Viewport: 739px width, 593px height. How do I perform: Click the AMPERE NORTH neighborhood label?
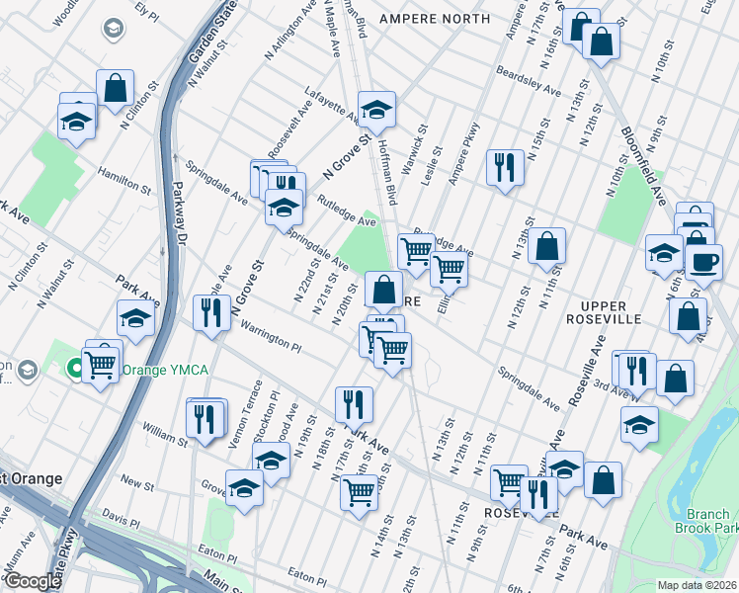tap(436, 19)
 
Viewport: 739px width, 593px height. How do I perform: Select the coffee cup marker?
tap(703, 262)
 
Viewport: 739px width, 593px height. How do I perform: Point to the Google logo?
tap(33, 581)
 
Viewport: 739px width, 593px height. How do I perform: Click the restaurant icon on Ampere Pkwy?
tap(505, 167)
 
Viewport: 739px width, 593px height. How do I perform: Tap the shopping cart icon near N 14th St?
tap(359, 490)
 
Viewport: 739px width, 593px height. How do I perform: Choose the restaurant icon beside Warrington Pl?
tap(211, 313)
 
